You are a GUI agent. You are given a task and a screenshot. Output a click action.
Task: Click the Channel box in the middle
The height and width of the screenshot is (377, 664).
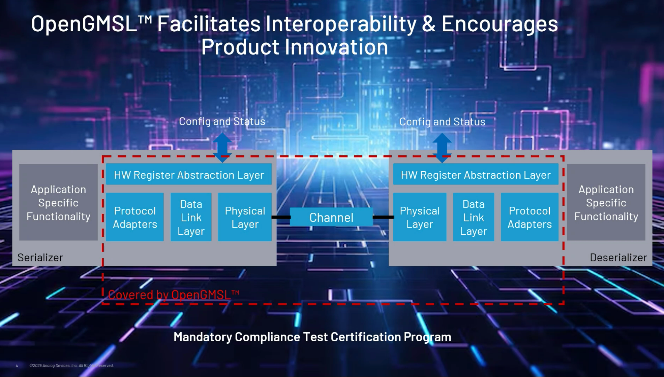click(331, 217)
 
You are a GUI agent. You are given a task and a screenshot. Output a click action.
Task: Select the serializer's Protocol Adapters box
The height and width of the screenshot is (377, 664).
click(135, 217)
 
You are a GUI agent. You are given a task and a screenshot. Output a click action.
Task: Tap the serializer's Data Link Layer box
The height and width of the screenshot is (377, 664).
click(191, 217)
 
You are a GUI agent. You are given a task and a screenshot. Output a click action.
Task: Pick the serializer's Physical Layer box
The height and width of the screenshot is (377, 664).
click(245, 217)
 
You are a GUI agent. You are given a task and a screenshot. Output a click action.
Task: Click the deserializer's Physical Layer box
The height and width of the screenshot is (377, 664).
click(420, 217)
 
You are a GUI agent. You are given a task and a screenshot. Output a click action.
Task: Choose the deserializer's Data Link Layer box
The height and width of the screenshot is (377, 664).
click(474, 217)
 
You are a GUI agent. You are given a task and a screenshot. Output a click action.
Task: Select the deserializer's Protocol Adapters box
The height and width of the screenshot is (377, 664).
click(530, 217)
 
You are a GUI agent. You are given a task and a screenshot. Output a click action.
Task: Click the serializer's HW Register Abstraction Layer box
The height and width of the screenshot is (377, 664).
click(189, 174)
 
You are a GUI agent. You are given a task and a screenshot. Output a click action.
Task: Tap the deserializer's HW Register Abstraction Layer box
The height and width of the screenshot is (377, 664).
click(476, 174)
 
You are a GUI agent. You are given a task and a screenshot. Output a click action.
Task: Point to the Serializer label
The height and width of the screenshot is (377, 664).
click(40, 258)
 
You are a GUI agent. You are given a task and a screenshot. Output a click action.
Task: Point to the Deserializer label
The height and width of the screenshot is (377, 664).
click(618, 258)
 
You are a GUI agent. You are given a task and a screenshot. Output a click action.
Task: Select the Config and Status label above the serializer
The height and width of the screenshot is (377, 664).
click(222, 121)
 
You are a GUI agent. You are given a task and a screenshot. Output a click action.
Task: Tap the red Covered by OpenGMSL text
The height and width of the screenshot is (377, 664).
click(174, 295)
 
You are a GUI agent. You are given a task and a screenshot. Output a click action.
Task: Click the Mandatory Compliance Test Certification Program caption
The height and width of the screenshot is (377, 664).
click(312, 337)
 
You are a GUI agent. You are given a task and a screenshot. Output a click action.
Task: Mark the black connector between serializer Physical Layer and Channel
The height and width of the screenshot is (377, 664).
click(281, 217)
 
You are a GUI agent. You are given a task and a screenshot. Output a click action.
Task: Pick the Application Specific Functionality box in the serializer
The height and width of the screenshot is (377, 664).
click(58, 202)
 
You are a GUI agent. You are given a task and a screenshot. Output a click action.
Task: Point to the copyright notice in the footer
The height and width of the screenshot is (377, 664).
click(71, 366)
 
